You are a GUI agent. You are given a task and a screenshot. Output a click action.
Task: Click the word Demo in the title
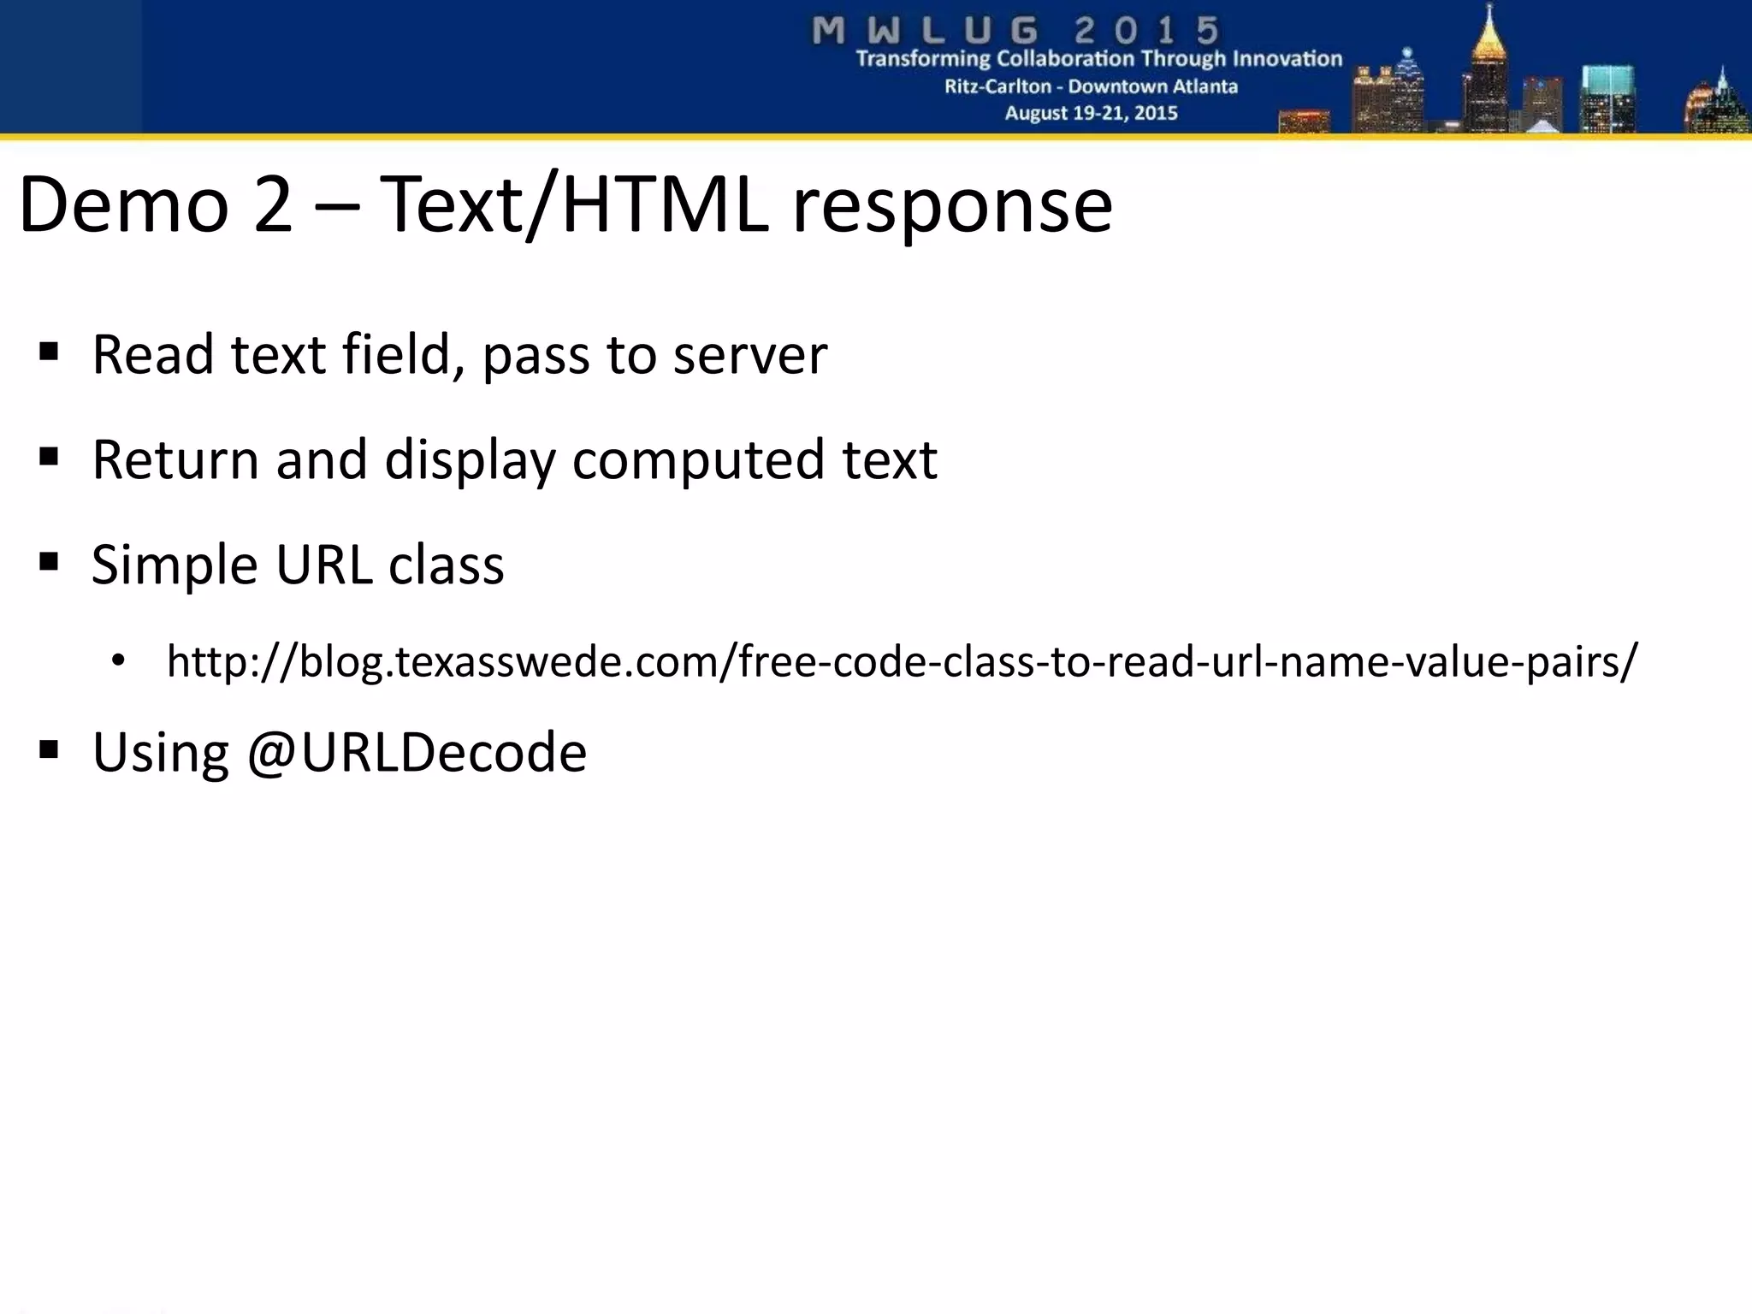coord(123,205)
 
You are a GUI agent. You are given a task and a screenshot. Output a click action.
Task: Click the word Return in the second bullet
coord(175,460)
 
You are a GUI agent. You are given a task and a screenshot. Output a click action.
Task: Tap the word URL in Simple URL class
coord(323,565)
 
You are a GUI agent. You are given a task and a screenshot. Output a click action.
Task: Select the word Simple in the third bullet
coord(175,565)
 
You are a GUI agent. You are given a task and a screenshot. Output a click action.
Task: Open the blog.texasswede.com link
coord(902,661)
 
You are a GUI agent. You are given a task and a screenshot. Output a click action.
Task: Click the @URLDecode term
coord(417,753)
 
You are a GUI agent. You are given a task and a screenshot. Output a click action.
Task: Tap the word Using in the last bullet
coord(160,753)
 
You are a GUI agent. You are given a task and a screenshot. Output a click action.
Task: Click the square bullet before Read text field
coord(49,352)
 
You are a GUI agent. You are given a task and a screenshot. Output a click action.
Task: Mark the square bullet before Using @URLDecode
coord(49,750)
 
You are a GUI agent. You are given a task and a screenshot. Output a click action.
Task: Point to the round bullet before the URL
coord(118,660)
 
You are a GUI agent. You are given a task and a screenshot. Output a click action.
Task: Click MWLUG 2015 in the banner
coord(1015,31)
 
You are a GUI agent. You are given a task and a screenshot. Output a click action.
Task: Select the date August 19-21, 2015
coord(1091,113)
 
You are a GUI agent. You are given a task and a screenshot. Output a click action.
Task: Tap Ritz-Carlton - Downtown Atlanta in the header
coord(1091,86)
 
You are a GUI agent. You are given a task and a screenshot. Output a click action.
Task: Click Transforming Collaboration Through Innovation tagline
coord(1098,59)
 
